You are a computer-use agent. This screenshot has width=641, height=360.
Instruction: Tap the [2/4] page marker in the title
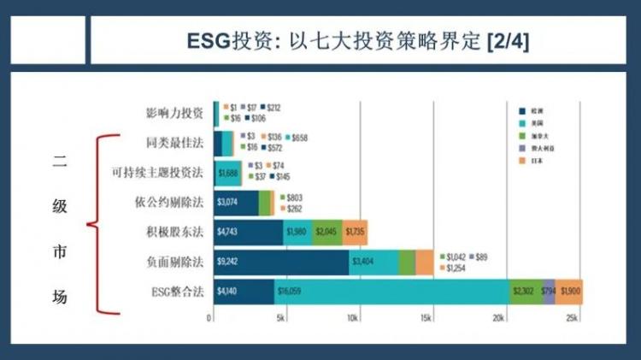pyautogui.click(x=506, y=41)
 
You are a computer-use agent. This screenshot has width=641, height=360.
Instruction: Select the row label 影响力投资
pyautogui.click(x=174, y=113)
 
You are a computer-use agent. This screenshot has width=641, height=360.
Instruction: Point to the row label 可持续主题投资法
pyautogui.click(x=157, y=173)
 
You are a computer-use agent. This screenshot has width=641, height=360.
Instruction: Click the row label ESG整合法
pyautogui.click(x=174, y=291)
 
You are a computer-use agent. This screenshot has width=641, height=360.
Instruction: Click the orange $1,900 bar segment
pyautogui.click(x=571, y=291)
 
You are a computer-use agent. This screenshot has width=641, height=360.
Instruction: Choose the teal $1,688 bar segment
pyautogui.click(x=227, y=173)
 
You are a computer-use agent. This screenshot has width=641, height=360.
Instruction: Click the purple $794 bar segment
pyautogui.click(x=548, y=291)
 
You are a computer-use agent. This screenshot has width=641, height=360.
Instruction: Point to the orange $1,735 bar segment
pyautogui.click(x=356, y=232)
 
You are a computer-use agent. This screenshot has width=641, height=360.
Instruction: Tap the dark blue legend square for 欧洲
pyautogui.click(x=521, y=111)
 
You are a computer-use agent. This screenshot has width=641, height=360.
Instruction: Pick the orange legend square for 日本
pyautogui.click(x=521, y=160)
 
